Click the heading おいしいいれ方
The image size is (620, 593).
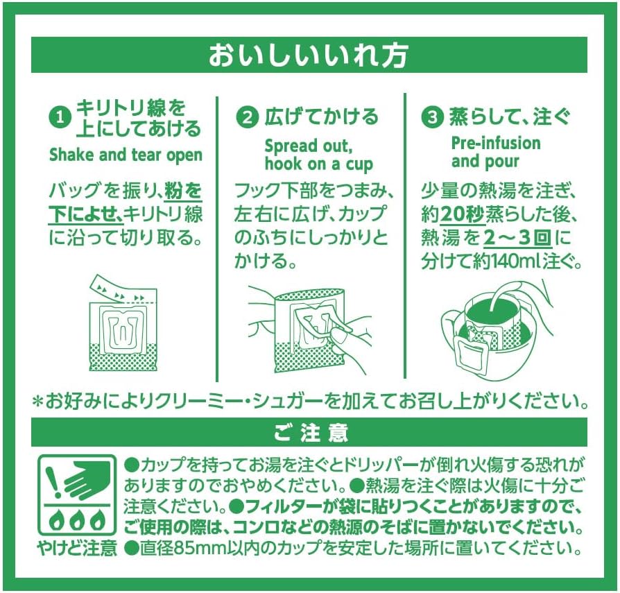click(308, 55)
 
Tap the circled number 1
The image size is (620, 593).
click(60, 118)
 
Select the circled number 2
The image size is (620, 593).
click(247, 117)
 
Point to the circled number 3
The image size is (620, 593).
click(433, 117)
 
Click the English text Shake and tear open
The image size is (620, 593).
click(126, 155)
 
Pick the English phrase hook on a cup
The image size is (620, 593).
click(319, 164)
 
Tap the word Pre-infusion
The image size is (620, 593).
click(496, 143)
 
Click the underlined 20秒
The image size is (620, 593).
click(462, 215)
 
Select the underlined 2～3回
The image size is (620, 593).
click(517, 238)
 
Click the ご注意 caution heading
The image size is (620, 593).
click(311, 433)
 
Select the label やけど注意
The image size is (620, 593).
click(78, 548)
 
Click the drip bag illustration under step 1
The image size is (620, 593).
click(123, 323)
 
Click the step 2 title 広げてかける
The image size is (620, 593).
click(322, 117)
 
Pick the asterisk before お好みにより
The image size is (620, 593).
click(37, 402)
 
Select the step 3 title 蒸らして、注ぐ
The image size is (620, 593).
click(510, 117)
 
